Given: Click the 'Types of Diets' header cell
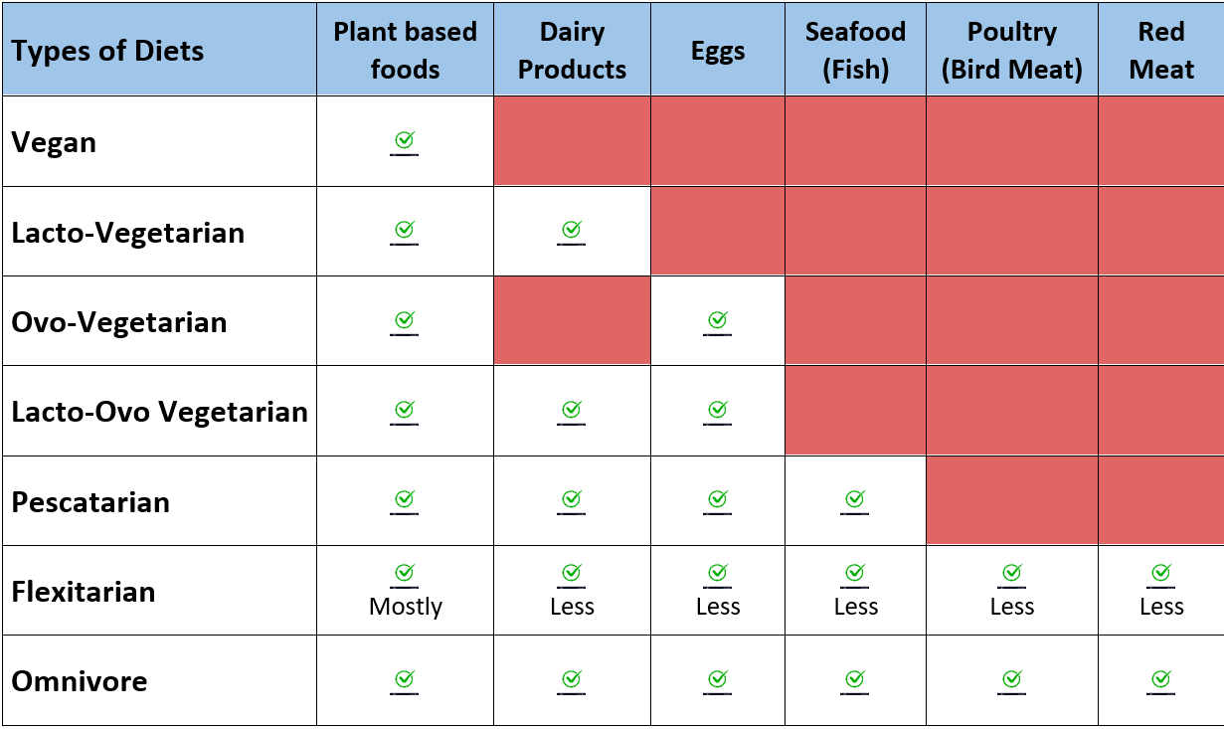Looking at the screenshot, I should pos(107,51).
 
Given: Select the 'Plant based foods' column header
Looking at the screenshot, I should pos(405,51).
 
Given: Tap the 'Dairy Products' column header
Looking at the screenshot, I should pos(572,51).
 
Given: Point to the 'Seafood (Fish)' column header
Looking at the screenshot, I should pos(855,51).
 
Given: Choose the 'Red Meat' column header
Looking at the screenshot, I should pos(1160,51).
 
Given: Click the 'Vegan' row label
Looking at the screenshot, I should pos(55,142).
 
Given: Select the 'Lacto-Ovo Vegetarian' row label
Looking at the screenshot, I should pos(159,412).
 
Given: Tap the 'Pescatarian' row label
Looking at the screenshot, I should pos(90,501).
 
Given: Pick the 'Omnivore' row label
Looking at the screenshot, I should pos(80,681).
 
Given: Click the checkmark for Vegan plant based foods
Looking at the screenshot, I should pos(405,141).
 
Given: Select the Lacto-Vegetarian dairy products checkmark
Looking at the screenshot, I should pos(572,231).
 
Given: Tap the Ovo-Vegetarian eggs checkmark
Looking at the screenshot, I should pos(718,320).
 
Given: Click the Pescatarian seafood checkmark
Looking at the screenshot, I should pos(855,499).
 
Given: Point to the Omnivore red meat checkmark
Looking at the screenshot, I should pos(1160,679).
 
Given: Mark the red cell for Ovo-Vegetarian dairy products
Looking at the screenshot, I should pos(572,320).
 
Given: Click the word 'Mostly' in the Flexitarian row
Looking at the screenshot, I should pos(405,607).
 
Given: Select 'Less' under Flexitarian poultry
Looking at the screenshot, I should pos(1011,607).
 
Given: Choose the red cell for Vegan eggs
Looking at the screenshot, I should pos(718,141).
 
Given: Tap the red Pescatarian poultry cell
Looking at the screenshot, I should pos(1011,500).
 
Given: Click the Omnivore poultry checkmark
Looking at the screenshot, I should pos(1011,679).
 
